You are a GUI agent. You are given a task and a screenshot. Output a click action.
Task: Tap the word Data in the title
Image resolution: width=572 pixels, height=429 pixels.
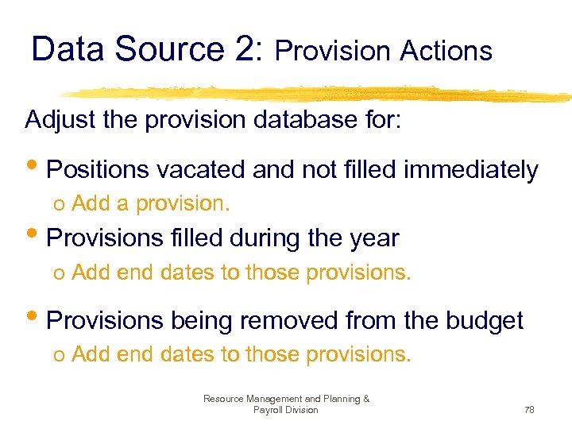pyautogui.click(x=70, y=49)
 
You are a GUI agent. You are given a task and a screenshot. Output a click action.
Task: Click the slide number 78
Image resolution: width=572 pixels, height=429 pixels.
pyautogui.click(x=529, y=410)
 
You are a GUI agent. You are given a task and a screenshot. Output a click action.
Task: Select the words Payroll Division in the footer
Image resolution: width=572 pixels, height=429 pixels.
pyautogui.click(x=285, y=410)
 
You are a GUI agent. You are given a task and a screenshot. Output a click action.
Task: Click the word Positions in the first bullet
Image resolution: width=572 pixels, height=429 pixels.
pyautogui.click(x=97, y=170)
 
